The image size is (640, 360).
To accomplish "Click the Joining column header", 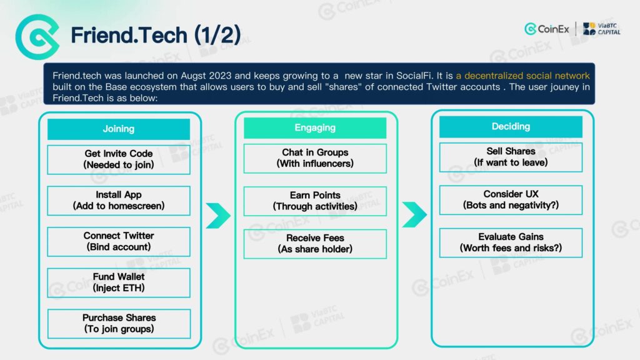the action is (x=118, y=129).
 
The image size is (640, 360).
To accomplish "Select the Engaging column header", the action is (x=315, y=127).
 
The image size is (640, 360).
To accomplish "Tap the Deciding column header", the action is (x=511, y=126).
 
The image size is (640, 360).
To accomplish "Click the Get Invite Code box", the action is (x=118, y=159).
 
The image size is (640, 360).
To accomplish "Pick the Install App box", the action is (x=118, y=201).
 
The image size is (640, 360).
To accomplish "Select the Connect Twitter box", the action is (x=118, y=242).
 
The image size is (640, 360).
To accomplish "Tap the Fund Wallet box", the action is (x=118, y=282).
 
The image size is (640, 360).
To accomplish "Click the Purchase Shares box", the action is (x=119, y=324).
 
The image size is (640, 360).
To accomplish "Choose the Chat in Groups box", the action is (x=315, y=158).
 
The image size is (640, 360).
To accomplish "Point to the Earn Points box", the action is (x=315, y=201).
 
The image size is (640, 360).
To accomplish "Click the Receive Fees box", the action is (x=315, y=244).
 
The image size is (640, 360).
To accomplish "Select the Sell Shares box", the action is (x=511, y=157).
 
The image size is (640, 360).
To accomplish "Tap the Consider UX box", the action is (x=511, y=200).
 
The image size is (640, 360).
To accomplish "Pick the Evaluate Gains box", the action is (x=511, y=243).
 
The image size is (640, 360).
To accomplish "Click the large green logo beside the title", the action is (x=37, y=37).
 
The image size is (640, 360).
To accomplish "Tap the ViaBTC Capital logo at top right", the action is (x=602, y=29).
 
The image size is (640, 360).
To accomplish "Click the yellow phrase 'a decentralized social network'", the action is (x=522, y=76).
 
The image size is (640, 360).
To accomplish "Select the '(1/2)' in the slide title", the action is (x=217, y=35).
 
